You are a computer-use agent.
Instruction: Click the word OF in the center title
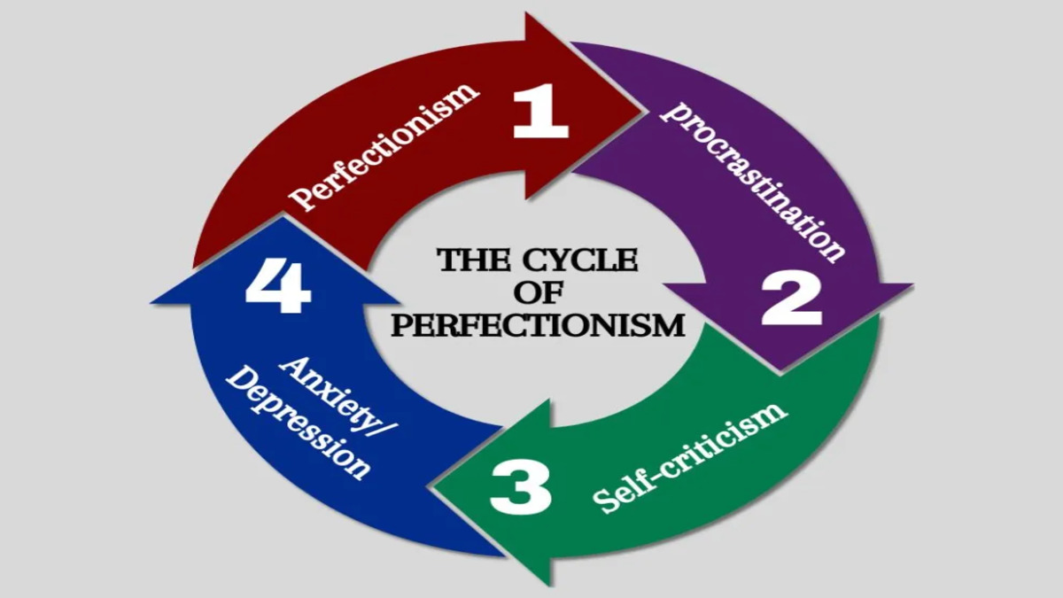539,292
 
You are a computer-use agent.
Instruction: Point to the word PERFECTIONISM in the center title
539,324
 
